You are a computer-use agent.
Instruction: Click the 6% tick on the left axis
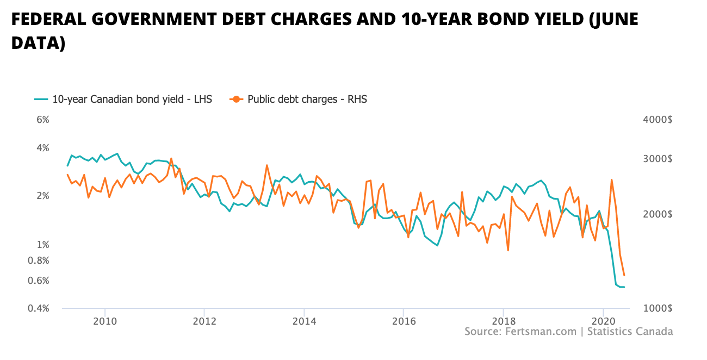coord(43,120)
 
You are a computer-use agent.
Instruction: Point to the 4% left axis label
coord(43,148)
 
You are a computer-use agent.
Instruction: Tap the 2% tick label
coord(43,196)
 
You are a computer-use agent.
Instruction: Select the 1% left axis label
coord(43,245)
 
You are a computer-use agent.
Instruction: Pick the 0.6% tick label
coord(39,281)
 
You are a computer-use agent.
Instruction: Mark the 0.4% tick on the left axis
coord(39,308)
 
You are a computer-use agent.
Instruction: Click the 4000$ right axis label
coord(658,120)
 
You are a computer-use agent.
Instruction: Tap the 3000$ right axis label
coord(658,159)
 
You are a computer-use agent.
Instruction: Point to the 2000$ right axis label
coord(658,214)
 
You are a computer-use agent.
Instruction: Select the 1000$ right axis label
coord(658,308)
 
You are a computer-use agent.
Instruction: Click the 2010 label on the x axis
coord(104,319)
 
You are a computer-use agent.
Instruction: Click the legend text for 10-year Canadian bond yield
coord(132,99)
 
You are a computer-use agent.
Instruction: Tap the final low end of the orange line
coord(624,275)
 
